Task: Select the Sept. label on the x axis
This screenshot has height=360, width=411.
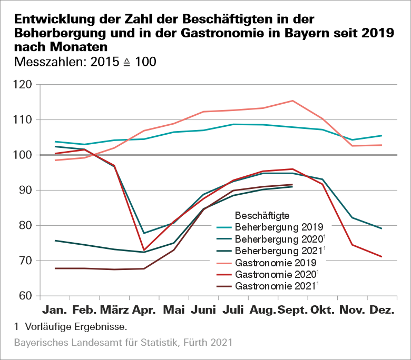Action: point(292,311)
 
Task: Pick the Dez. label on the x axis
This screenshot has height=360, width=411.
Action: point(381,311)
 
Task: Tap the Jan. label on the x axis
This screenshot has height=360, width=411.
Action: point(55,311)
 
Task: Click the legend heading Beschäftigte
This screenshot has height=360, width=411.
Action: point(262,216)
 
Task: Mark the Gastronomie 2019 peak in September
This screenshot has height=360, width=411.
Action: point(292,101)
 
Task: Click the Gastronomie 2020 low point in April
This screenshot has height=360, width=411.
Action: point(144,250)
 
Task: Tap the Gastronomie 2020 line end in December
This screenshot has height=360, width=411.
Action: point(381,257)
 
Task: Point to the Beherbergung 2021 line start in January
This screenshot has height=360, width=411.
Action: point(55,241)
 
